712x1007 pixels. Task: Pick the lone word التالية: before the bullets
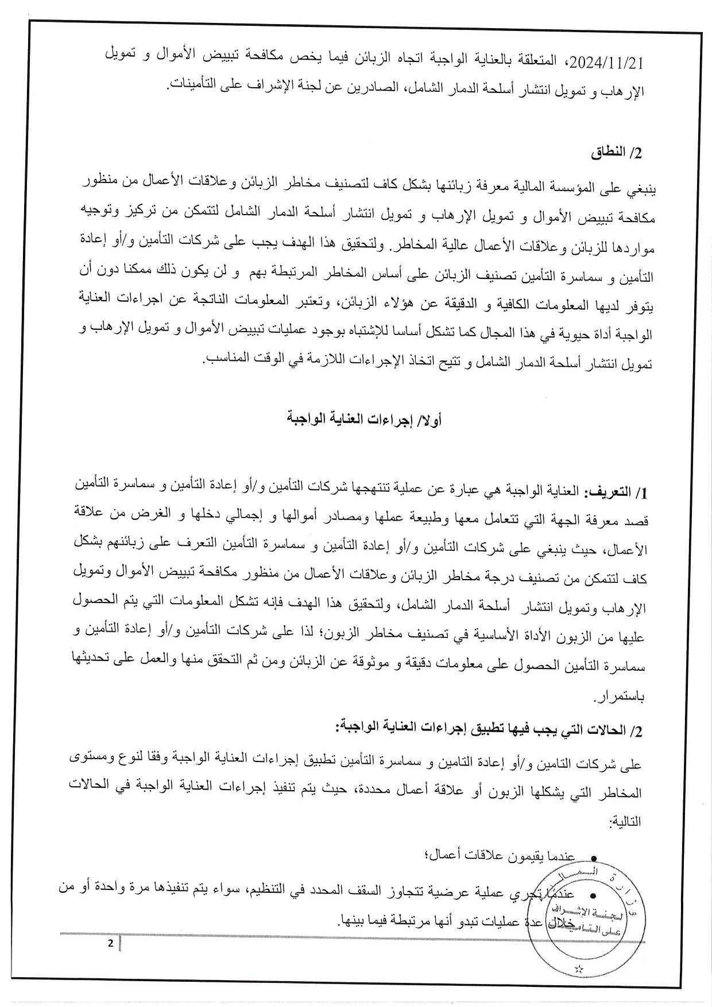click(624, 822)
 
